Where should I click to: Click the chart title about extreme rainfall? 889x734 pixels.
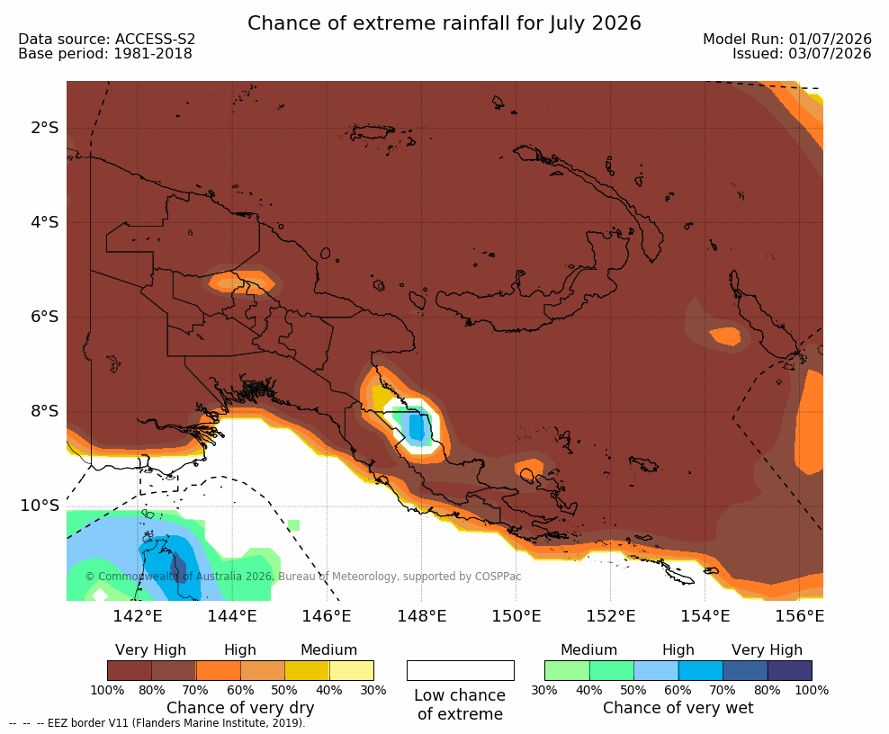(444, 23)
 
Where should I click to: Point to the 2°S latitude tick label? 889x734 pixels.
(45, 128)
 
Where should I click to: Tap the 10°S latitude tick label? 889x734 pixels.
(40, 506)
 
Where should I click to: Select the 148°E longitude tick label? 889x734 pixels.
(421, 615)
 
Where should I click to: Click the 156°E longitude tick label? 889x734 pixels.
(799, 615)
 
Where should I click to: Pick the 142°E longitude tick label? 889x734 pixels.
(137, 615)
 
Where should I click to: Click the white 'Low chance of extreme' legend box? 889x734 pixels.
(461, 670)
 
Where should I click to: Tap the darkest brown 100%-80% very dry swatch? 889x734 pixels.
(130, 670)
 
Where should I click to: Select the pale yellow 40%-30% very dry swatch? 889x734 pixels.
(352, 670)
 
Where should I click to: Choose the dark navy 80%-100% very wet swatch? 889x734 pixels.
(790, 670)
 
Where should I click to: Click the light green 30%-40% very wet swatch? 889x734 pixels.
(567, 670)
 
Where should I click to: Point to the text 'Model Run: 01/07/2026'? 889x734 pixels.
(787, 39)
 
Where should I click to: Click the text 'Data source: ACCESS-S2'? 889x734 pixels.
(106, 39)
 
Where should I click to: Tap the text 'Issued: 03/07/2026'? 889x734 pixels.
(802, 54)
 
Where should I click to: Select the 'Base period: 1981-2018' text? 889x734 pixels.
(105, 54)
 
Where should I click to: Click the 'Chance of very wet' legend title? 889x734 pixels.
(678, 708)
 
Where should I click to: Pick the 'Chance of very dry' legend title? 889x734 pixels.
(240, 708)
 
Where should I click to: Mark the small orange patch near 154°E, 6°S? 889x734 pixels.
(725, 336)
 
